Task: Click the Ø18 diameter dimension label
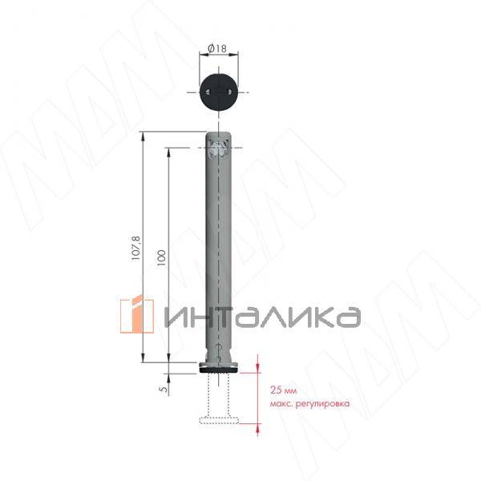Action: [x=217, y=48]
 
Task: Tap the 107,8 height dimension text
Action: [x=135, y=249]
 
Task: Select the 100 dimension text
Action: [x=161, y=257]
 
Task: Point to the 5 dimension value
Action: [x=164, y=389]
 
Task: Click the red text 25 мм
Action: [x=283, y=390]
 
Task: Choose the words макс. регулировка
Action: [x=309, y=403]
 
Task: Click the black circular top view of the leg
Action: [x=219, y=92]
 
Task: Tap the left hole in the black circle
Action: [x=208, y=92]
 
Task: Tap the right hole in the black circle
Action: [x=229, y=92]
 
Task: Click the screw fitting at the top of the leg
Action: [x=218, y=149]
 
